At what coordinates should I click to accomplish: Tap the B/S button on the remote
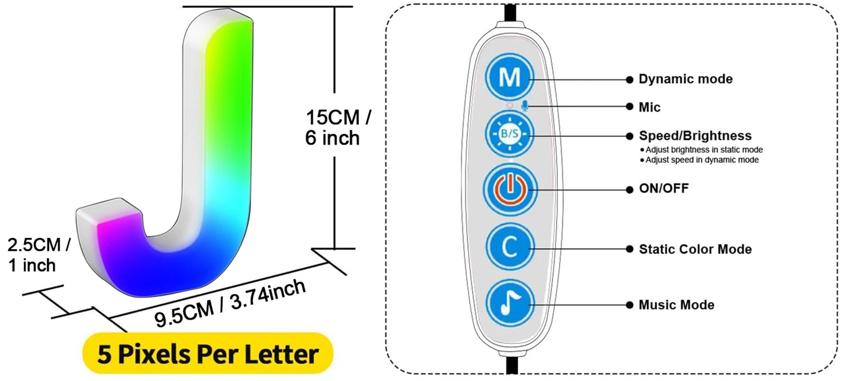[x=509, y=135]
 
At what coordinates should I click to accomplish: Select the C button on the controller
[x=509, y=248]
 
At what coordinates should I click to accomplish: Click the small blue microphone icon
[x=525, y=106]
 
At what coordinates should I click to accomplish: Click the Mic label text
[x=650, y=107]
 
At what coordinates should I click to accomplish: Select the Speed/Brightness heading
[x=695, y=136]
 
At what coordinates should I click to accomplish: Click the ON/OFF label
[x=663, y=188]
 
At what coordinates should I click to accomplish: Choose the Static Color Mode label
[x=695, y=249]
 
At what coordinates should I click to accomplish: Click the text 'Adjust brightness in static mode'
[x=704, y=150]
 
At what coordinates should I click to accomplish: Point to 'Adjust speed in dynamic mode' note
[x=701, y=160]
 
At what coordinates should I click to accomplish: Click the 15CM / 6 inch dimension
[x=337, y=127]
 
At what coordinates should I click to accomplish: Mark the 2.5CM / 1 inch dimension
[x=38, y=255]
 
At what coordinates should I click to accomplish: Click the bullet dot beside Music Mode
[x=629, y=305]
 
